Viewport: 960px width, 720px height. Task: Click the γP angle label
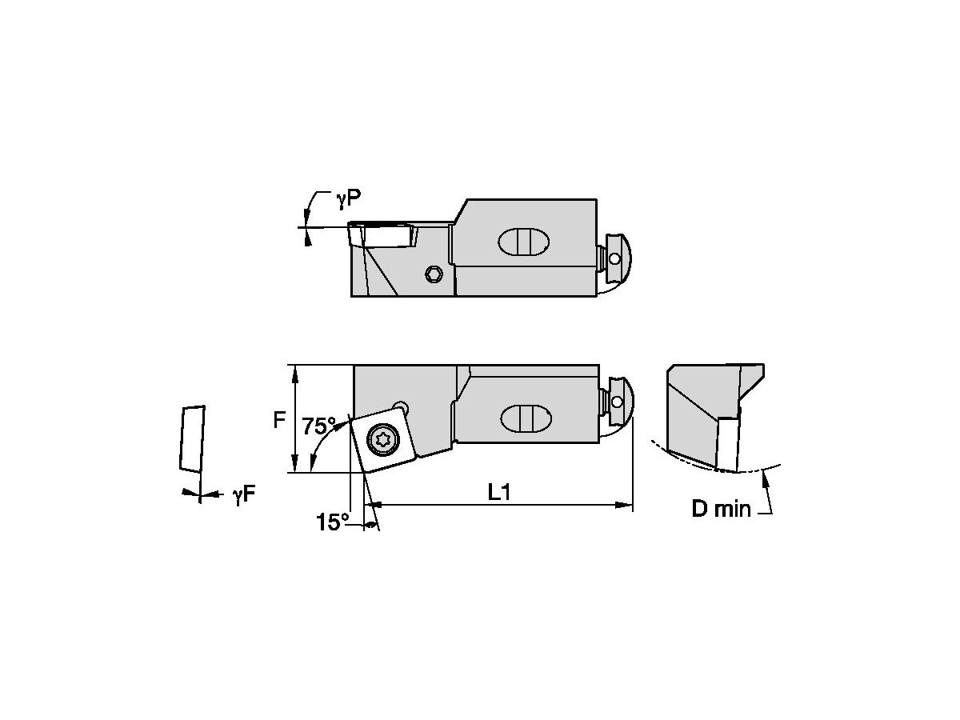click(349, 199)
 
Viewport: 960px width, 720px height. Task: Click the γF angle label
click(244, 495)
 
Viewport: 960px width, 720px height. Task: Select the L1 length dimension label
click(499, 493)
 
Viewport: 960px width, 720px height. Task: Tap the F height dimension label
click(279, 420)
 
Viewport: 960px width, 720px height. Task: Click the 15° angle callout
click(332, 522)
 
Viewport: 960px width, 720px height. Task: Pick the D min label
click(722, 509)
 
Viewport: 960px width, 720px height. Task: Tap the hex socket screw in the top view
click(434, 274)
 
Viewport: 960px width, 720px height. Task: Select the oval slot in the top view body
click(524, 242)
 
